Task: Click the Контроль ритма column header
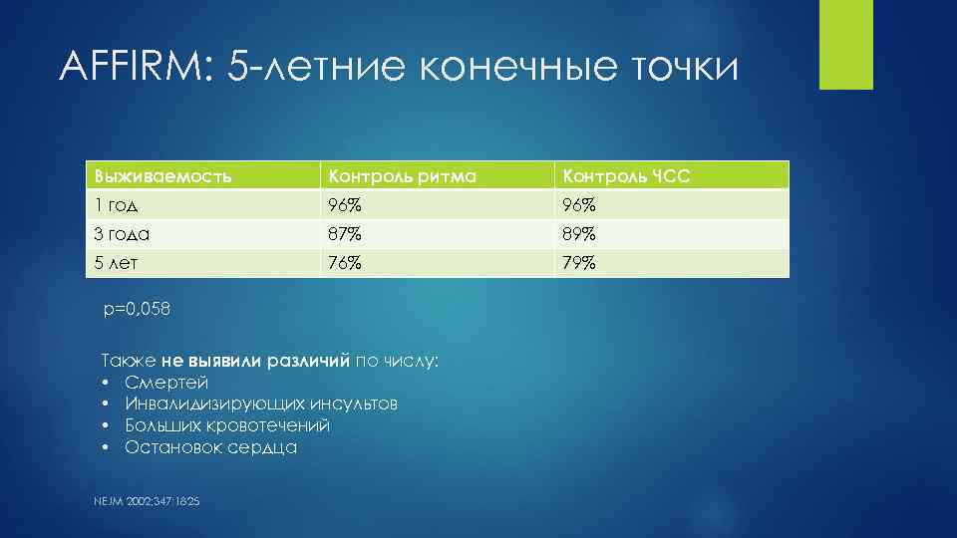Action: click(x=398, y=176)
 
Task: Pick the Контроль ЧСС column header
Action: click(x=626, y=176)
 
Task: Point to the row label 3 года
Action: click(x=122, y=234)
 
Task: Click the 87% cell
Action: click(x=341, y=234)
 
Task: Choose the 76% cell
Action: click(x=341, y=263)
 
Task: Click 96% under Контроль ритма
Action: click(x=341, y=205)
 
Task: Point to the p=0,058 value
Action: click(x=138, y=309)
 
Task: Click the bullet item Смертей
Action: click(x=166, y=383)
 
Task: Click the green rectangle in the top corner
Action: click(x=845, y=44)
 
